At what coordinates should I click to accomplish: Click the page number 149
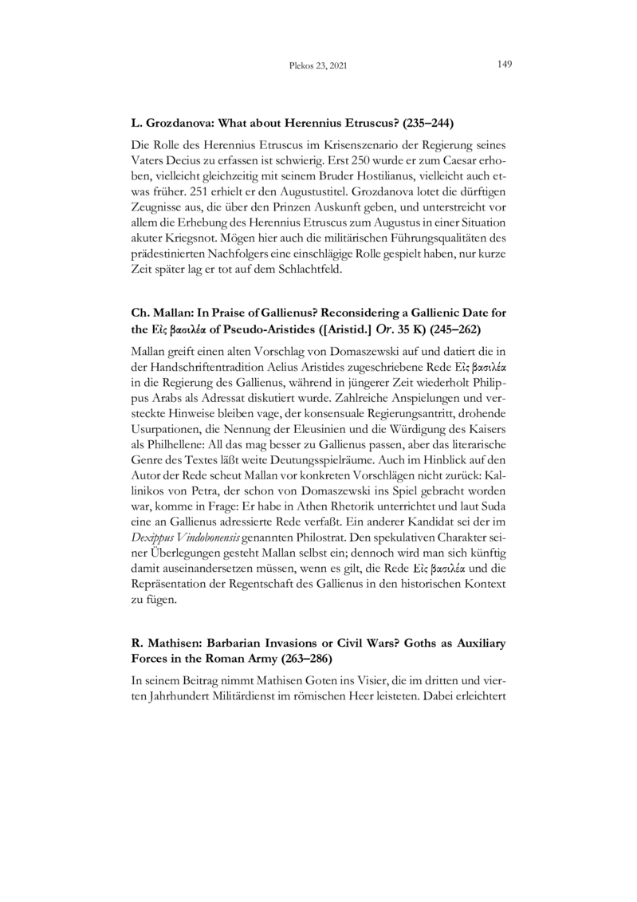coord(504,65)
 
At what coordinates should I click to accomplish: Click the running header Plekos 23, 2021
coord(318,67)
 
